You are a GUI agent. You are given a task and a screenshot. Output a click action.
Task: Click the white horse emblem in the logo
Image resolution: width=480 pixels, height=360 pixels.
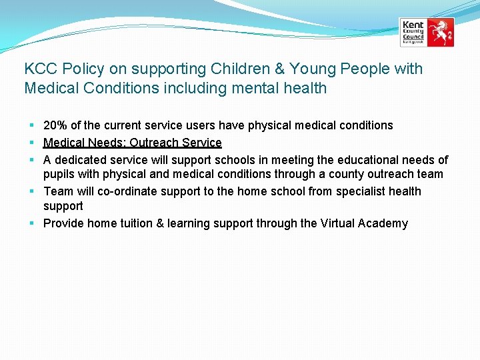(440, 32)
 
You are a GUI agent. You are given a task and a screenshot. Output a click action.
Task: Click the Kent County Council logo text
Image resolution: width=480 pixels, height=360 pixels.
(413, 31)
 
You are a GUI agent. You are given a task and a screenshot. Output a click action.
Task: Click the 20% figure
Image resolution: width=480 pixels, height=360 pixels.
(55, 125)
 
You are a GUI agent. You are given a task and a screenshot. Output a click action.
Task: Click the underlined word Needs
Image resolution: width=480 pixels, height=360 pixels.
(105, 143)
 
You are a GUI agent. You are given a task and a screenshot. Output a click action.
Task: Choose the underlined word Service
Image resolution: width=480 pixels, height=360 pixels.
(201, 143)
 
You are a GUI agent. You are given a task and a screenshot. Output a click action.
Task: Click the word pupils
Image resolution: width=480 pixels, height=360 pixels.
(59, 175)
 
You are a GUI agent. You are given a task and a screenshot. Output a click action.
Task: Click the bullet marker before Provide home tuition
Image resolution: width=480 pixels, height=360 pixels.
(32, 223)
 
